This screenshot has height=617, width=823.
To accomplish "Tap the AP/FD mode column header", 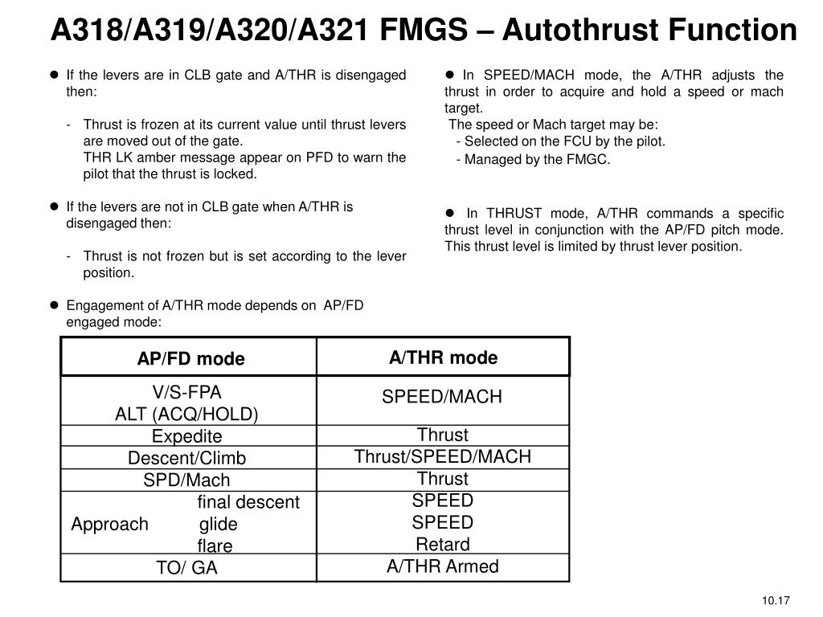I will point(190,358).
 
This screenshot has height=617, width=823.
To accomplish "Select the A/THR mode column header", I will point(443,358).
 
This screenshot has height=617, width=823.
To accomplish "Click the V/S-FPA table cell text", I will point(186,392).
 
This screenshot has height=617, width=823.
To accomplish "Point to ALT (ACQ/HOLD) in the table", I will point(186,414).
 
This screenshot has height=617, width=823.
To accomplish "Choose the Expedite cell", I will point(186,436).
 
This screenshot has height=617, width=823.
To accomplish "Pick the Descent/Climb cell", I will point(186,458).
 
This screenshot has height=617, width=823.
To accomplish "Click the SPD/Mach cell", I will point(186,480).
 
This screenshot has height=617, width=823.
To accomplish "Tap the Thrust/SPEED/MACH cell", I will point(443,456).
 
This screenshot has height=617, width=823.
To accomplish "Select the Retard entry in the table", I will point(443,544).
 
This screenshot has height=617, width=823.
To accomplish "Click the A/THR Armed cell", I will point(443,566).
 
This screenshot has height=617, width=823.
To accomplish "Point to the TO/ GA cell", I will point(186,568).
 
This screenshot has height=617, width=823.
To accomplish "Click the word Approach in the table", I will point(109,525).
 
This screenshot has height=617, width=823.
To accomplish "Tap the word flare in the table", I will point(215,546).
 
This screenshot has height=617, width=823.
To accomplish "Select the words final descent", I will point(248,502).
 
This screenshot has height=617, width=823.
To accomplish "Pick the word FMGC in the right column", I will point(592,159).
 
